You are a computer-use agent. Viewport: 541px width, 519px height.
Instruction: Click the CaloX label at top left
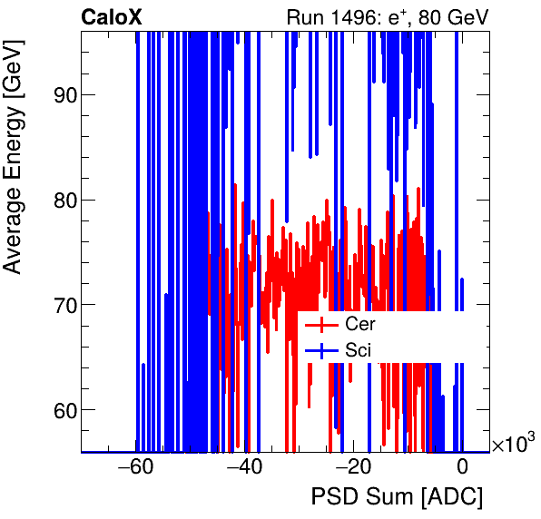[x=112, y=16]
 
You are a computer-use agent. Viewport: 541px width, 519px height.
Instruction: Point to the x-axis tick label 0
[x=462, y=468]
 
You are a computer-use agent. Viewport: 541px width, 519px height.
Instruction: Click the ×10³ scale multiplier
[x=513, y=444]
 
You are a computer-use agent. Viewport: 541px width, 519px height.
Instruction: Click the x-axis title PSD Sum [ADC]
[x=397, y=498]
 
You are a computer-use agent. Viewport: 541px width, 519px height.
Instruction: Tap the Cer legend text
[x=360, y=324]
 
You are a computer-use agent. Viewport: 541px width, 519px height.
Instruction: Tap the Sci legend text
[x=359, y=348]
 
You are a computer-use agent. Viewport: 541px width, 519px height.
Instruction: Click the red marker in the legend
[x=321, y=324]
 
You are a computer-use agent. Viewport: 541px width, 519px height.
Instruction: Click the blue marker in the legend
[x=321, y=348]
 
